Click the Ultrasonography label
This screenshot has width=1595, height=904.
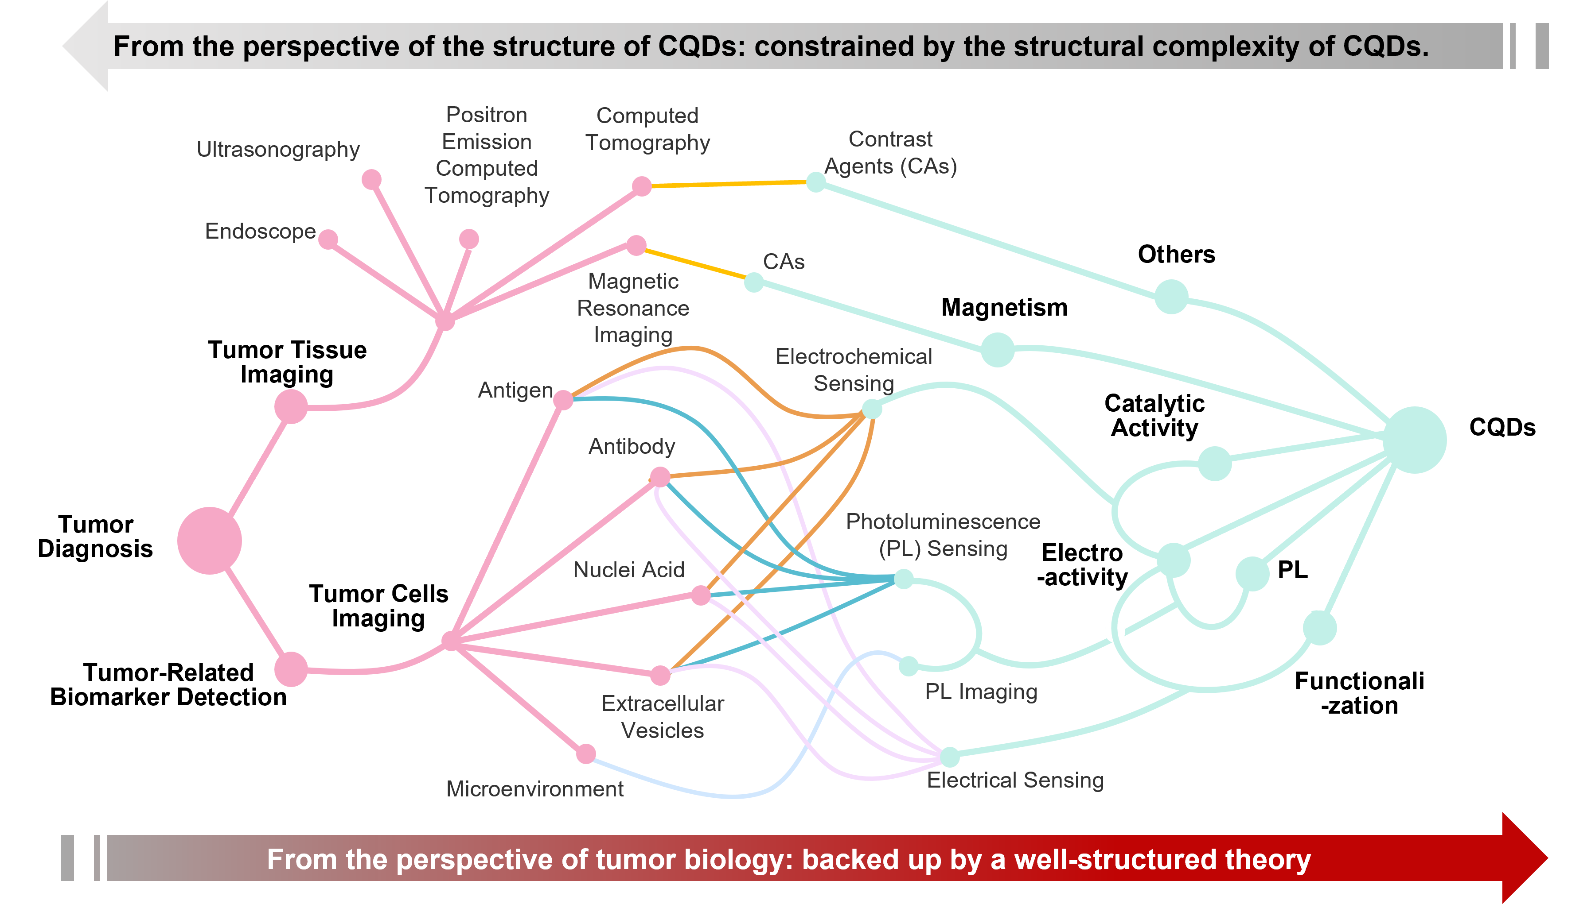point(278,150)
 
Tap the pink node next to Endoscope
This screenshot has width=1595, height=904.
point(328,239)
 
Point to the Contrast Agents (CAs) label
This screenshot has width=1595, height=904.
point(890,153)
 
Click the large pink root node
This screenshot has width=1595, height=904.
point(209,541)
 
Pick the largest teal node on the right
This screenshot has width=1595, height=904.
point(1414,440)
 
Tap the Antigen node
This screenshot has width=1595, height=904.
point(563,400)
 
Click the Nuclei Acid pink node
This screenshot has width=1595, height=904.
point(701,595)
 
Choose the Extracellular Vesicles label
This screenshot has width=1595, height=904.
point(663,716)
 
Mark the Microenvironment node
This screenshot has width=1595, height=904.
point(586,754)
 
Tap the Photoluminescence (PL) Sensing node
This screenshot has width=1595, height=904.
point(904,579)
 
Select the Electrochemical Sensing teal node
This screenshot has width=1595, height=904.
point(872,409)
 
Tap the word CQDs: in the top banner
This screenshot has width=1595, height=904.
point(701,46)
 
